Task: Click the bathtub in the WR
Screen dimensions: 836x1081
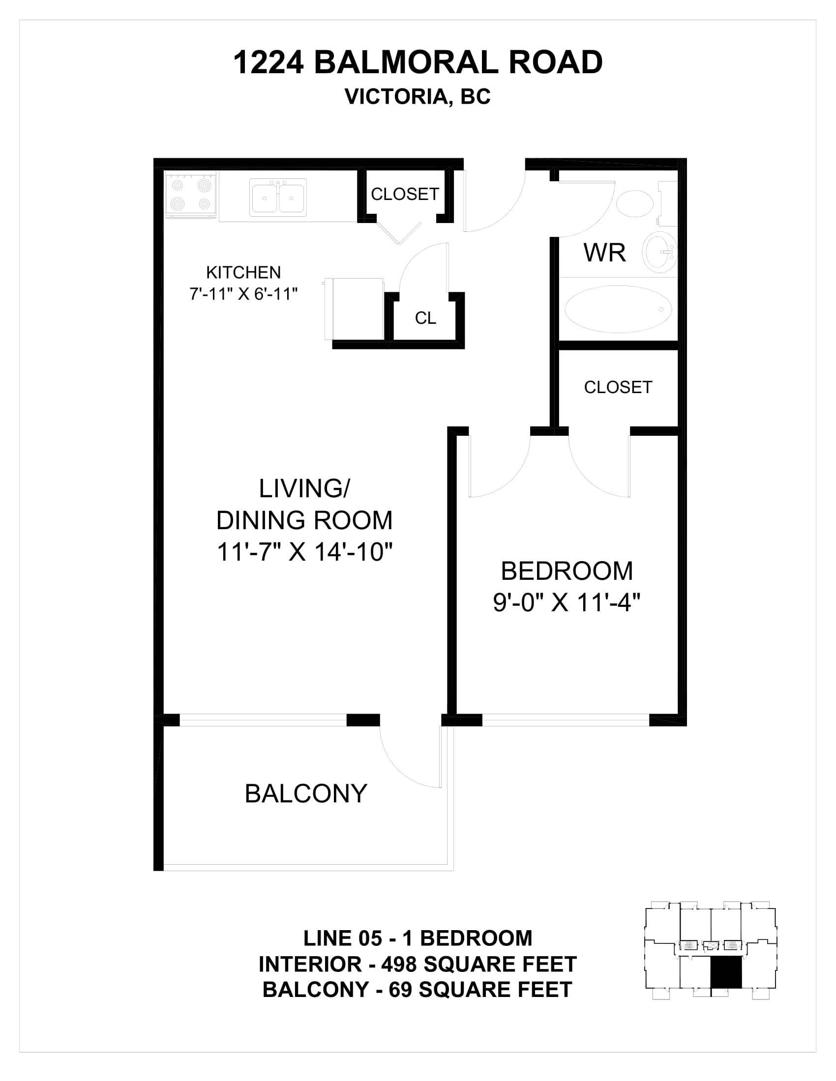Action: point(618,309)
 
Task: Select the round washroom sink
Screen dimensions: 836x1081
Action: point(659,252)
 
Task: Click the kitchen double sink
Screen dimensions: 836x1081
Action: point(278,198)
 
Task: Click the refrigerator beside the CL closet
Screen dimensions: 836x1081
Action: point(355,309)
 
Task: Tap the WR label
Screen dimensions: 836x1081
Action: point(604,253)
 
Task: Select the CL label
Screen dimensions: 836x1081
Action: point(425,318)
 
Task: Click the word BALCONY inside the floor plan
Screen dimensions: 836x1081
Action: point(305,794)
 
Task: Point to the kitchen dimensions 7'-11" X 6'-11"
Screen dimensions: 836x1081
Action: point(243,294)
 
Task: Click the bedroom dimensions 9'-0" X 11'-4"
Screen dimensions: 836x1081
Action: point(567,603)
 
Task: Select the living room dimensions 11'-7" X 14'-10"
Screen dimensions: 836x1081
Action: point(304,551)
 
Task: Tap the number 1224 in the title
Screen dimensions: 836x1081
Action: point(268,63)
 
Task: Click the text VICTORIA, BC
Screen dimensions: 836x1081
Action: point(418,97)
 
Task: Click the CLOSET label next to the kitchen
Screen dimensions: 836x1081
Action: point(405,194)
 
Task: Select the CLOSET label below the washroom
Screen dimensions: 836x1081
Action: point(618,387)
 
